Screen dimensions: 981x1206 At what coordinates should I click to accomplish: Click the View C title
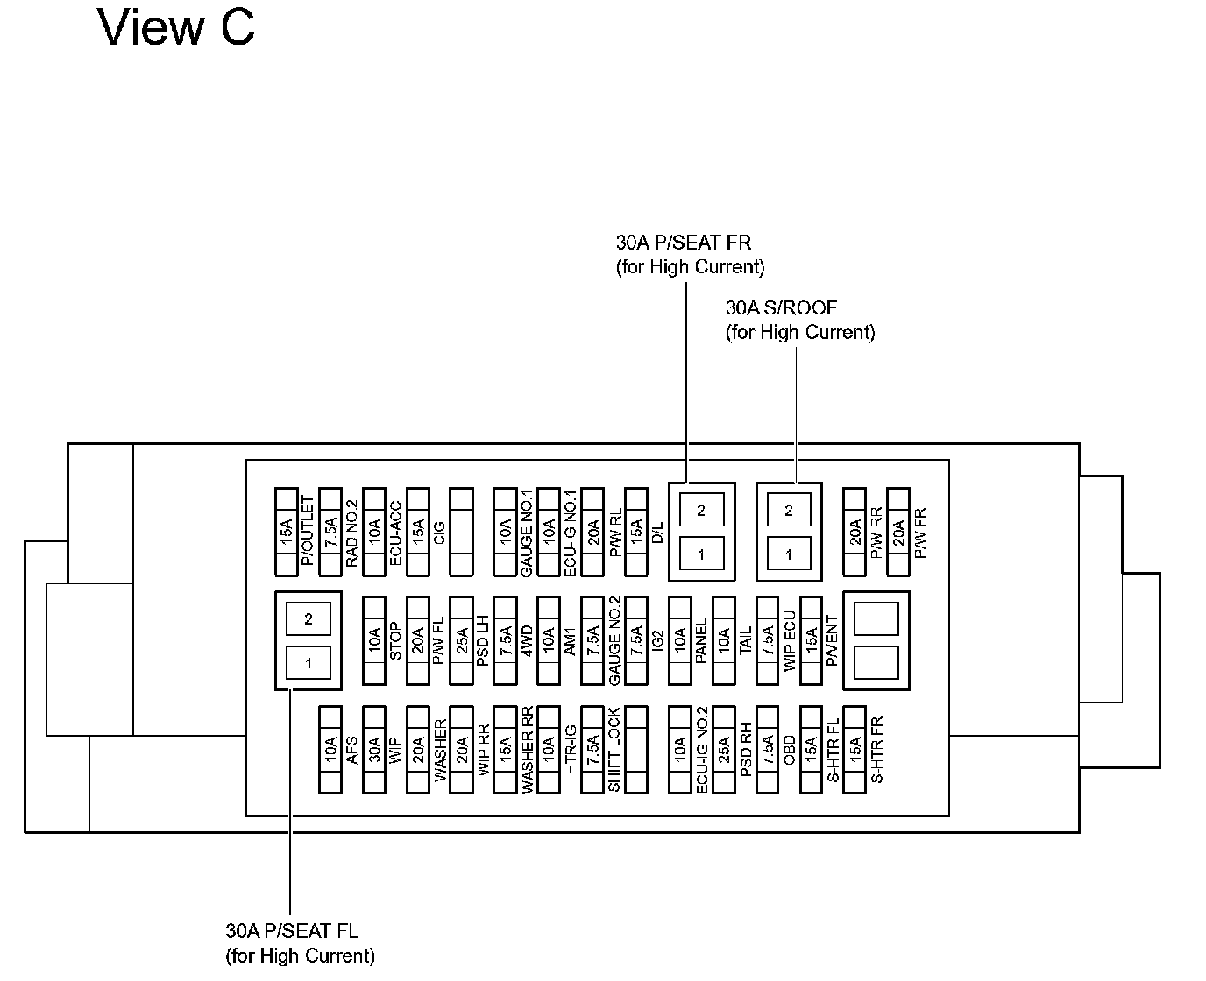[176, 27]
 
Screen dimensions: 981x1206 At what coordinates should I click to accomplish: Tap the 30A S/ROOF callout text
[800, 320]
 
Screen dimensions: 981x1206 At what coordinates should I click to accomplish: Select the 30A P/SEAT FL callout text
[300, 942]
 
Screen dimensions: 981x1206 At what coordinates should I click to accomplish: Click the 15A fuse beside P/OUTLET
[287, 532]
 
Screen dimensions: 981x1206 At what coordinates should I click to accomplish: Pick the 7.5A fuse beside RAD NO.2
[330, 532]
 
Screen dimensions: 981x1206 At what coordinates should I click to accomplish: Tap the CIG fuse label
[439, 532]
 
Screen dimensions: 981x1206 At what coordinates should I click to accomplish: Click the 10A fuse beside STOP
[374, 640]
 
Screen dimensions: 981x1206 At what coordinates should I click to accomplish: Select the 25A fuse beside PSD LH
[461, 640]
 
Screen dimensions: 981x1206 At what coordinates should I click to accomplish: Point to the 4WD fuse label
[527, 640]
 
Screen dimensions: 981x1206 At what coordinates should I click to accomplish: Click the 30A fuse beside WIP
[374, 750]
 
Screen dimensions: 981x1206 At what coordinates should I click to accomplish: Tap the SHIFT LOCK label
[614, 750]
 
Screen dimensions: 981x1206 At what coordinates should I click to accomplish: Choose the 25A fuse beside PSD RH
[724, 750]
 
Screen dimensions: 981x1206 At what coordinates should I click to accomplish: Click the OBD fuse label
[789, 750]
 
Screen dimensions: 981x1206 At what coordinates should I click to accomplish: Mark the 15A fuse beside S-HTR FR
[855, 750]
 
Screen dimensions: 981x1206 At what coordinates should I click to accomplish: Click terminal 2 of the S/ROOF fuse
[789, 510]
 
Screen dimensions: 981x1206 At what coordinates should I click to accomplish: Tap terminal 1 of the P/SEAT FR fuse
[701, 554]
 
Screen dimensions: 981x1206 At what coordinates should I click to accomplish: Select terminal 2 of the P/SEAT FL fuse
[309, 619]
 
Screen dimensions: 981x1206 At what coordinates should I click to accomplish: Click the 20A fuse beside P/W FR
[898, 532]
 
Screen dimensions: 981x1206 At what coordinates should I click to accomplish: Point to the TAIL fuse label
[746, 640]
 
